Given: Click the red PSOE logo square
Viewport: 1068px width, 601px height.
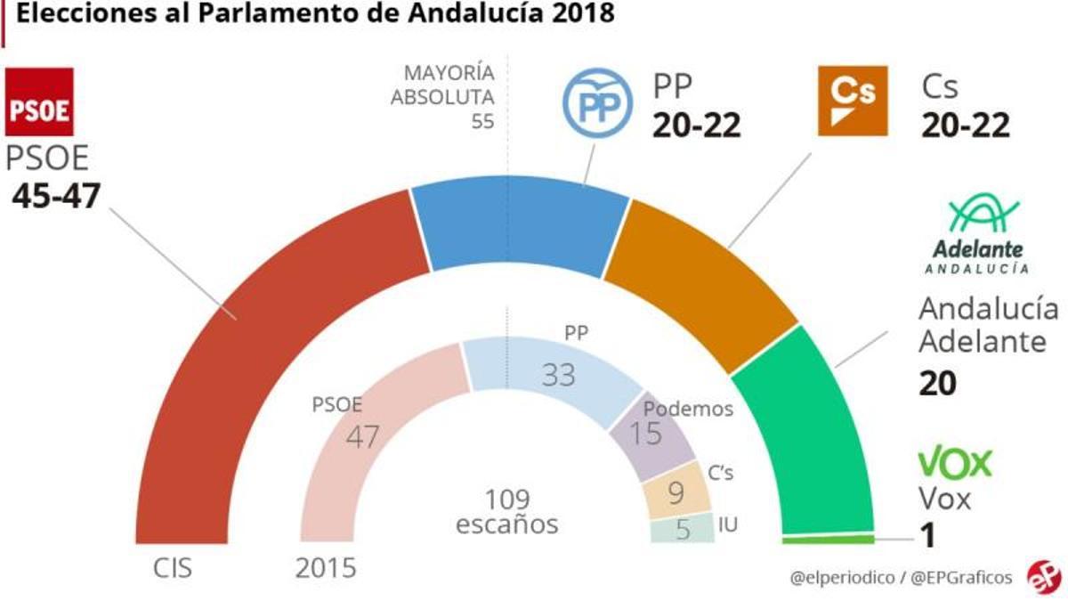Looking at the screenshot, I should [x=39, y=103].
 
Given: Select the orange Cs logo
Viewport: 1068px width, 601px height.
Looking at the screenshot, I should [x=852, y=100].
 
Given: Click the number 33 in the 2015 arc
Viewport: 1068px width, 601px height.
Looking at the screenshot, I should [x=558, y=375].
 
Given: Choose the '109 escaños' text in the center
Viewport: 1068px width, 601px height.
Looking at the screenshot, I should [x=506, y=511].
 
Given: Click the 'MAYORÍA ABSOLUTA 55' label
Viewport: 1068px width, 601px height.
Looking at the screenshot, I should [x=442, y=96].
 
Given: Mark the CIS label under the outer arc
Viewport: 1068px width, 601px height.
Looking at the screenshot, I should [x=173, y=567].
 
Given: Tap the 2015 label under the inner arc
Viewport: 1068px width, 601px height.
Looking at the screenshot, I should [x=326, y=567].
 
